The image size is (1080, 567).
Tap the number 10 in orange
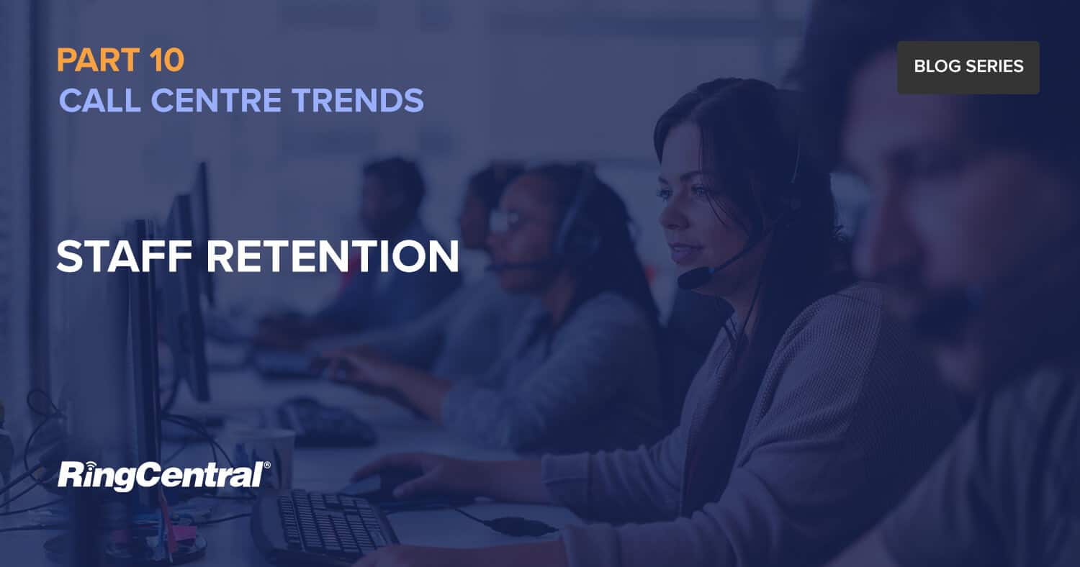167,60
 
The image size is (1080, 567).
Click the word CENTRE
216,100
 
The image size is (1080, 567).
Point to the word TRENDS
358,100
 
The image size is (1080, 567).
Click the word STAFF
125,256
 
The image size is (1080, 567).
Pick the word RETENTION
333,256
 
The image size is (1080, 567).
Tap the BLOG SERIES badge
968,67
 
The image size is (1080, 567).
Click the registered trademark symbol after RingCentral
267,465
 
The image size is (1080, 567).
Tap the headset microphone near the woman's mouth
694,278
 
